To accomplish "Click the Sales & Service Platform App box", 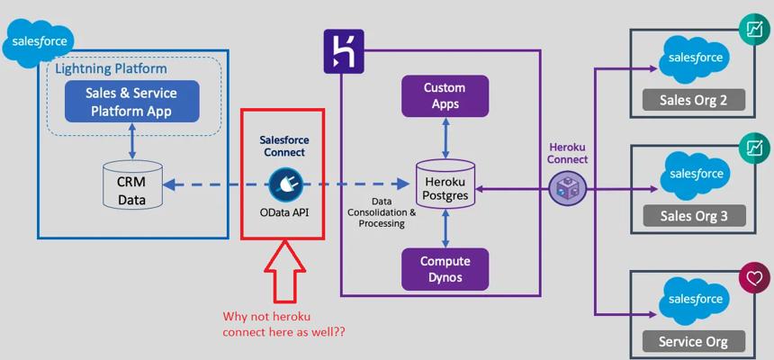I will [x=131, y=103].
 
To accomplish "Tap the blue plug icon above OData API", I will [x=283, y=184].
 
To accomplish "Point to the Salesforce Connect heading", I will [x=283, y=147].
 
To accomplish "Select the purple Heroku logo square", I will [x=343, y=49].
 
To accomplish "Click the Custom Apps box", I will [x=445, y=96].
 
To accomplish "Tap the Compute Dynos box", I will [x=445, y=269].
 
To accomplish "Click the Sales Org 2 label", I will [x=693, y=99].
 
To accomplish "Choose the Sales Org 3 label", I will [x=693, y=215].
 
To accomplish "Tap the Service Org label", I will [x=693, y=341].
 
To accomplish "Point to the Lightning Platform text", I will [x=111, y=68].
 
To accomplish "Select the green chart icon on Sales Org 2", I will [x=752, y=28].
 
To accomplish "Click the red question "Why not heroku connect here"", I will [x=284, y=324].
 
